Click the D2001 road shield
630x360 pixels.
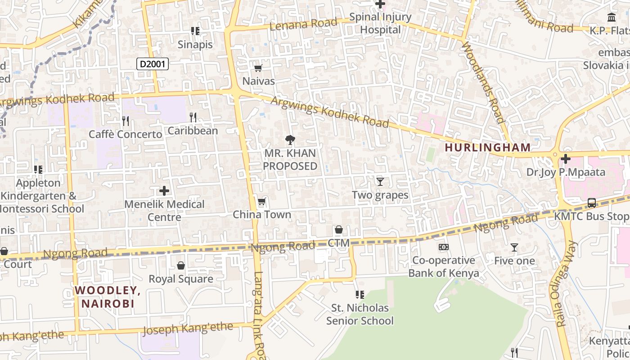[153, 64]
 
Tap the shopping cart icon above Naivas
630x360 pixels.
[258, 68]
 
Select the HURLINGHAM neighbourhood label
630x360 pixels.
[488, 147]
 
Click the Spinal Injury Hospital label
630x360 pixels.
[380, 23]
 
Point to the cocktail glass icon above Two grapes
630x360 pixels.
[380, 181]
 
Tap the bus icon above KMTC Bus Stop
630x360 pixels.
[591, 203]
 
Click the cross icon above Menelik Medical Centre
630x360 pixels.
[164, 191]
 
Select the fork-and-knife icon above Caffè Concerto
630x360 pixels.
[126, 121]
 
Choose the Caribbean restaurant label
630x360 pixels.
[193, 130]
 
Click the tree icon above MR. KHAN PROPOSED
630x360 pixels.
[290, 139]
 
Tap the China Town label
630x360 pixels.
[262, 215]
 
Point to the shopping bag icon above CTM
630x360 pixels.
[339, 230]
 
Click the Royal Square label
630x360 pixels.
[181, 279]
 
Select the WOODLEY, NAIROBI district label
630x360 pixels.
[108, 297]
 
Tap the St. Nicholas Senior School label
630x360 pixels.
[360, 314]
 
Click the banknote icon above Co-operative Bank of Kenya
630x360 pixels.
[444, 247]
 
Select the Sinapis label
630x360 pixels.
[195, 44]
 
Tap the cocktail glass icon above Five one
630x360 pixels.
[514, 247]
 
